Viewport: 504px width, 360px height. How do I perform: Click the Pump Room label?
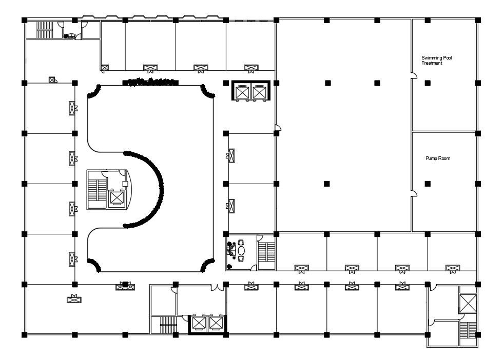pos(438,158)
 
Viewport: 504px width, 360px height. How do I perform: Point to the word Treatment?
pos(432,63)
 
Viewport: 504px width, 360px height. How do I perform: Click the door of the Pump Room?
pos(415,193)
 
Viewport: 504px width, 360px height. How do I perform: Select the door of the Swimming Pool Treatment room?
pos(415,75)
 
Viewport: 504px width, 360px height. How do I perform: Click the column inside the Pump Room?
pos(428,184)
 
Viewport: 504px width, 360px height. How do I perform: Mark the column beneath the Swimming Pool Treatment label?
pos(428,83)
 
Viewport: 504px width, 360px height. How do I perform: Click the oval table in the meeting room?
pos(241,250)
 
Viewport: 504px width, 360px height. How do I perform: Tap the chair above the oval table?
pos(241,242)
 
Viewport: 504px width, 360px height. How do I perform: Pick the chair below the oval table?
pos(241,258)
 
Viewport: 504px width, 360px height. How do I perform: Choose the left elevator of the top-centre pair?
pos(242,92)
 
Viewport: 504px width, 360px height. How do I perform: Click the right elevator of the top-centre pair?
pos(259,92)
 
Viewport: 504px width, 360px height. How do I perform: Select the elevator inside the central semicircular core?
pos(117,197)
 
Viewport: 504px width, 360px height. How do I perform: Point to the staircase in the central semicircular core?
pos(97,190)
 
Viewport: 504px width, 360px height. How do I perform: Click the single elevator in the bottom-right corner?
pos(468,303)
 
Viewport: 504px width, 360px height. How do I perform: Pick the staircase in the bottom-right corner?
pos(468,331)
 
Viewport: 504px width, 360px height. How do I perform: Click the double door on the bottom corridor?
pos(217,287)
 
